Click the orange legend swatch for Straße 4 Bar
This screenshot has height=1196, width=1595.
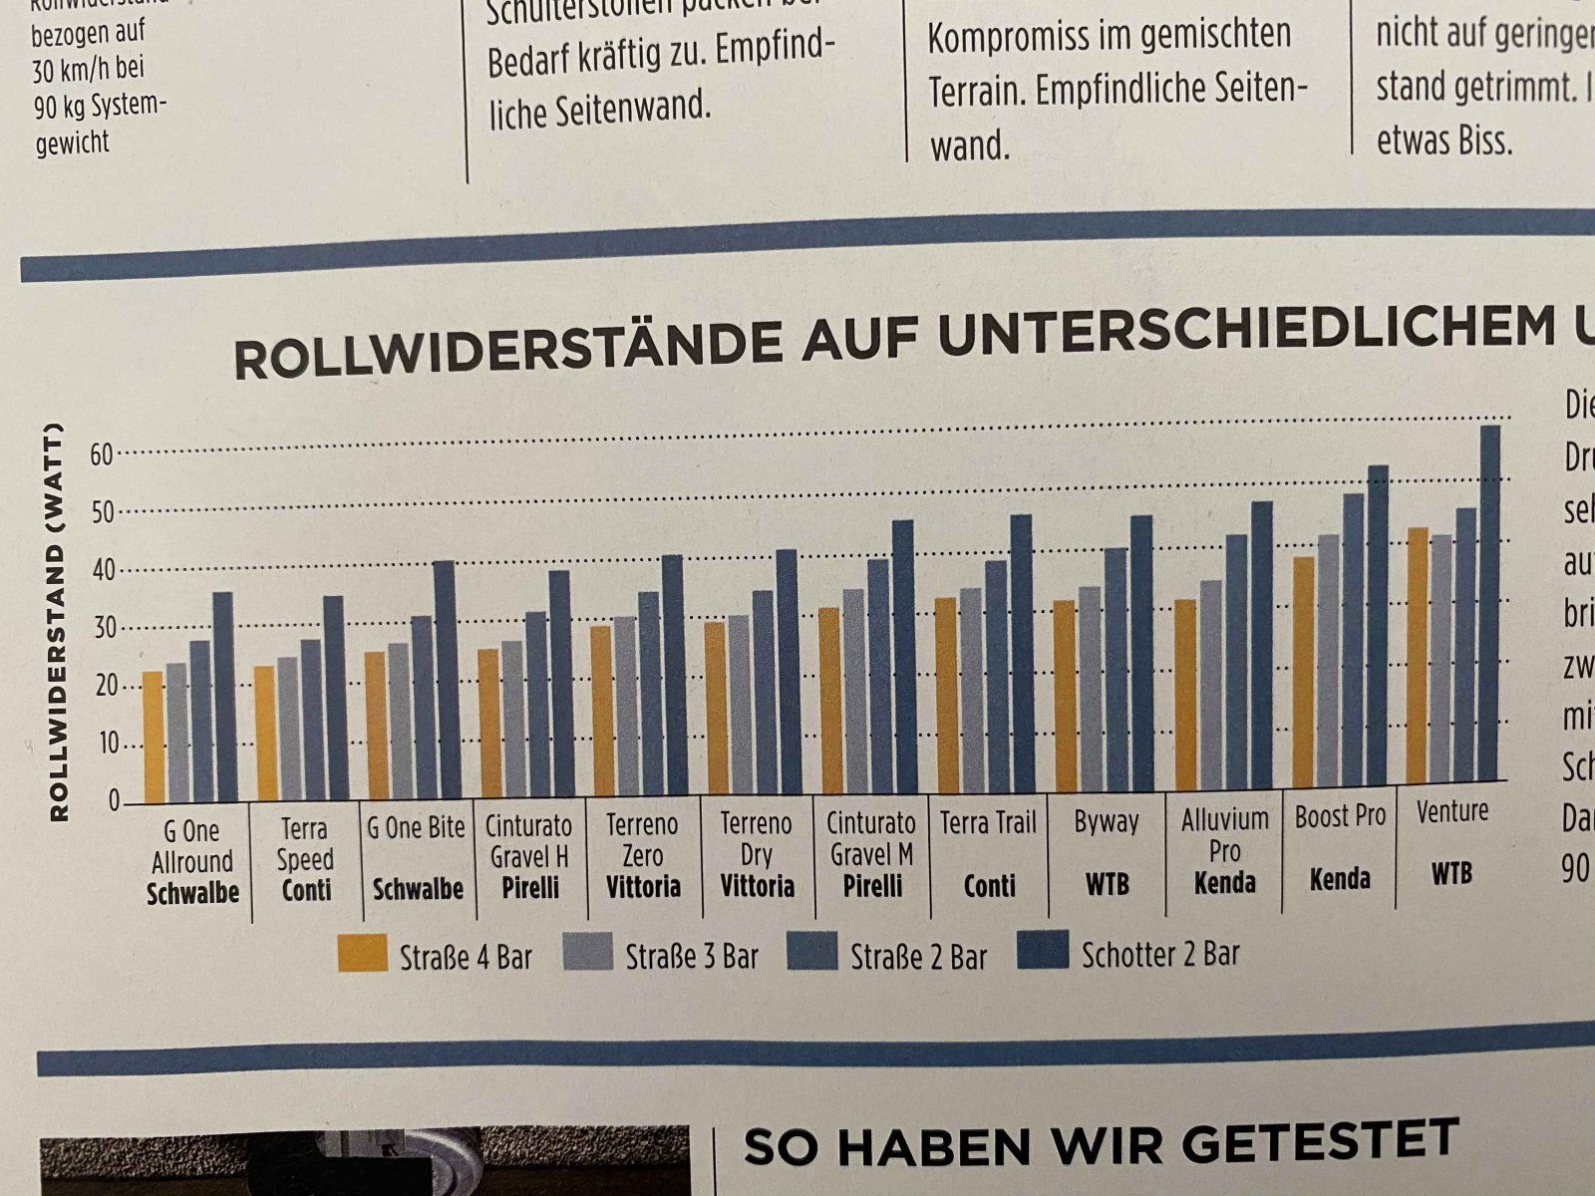click(x=362, y=953)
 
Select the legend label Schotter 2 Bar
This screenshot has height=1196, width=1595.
click(x=1160, y=954)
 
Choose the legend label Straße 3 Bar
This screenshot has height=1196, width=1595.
click(x=692, y=956)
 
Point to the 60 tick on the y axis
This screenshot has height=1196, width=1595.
click(x=102, y=454)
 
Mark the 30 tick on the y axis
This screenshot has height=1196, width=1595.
click(x=106, y=629)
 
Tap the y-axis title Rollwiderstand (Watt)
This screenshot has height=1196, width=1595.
click(x=59, y=623)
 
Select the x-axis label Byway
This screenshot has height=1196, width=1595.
click(x=1106, y=822)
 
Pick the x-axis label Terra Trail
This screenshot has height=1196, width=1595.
click(x=988, y=823)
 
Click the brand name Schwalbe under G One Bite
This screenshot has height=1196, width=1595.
click(x=418, y=888)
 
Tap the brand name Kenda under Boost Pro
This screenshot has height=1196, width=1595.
click(x=1339, y=879)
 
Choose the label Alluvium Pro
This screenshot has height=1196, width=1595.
click(x=1224, y=835)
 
